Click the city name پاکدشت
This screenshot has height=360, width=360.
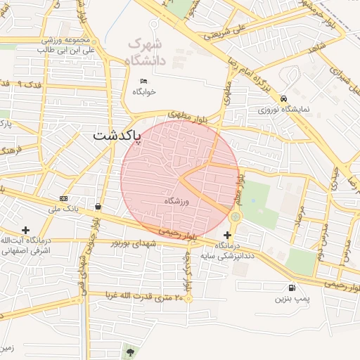(x=117, y=135)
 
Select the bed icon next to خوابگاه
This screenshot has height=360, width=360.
(x=143, y=81)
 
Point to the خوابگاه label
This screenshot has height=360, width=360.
(x=143, y=91)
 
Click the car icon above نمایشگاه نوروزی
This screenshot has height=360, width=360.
(x=283, y=98)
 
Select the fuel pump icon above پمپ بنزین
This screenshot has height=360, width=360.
(x=291, y=287)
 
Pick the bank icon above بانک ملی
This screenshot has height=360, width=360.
(x=64, y=198)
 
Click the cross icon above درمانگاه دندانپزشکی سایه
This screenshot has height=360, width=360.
(x=227, y=235)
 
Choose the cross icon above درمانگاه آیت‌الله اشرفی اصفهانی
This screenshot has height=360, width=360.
(x=26, y=230)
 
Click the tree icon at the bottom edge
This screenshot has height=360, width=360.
(x=129, y=350)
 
